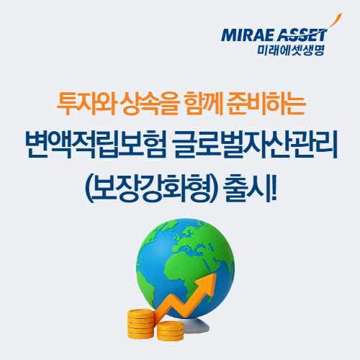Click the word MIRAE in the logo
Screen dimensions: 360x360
pyautogui.click(x=248, y=35)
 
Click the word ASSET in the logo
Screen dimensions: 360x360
pyautogui.click(x=302, y=35)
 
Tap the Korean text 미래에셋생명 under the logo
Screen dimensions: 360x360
pyautogui.click(x=291, y=50)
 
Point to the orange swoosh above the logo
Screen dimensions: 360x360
pyautogui.click(x=334, y=21)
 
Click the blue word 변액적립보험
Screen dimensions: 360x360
pyautogui.click(x=96, y=145)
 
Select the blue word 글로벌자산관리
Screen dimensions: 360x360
pyautogui.click(x=256, y=145)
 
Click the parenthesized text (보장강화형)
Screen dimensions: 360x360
pyautogui.click(x=151, y=188)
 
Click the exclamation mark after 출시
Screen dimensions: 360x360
pyautogui.click(x=274, y=188)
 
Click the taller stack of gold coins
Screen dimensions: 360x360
pyautogui.click(x=140, y=324)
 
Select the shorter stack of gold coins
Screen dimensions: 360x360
pyautogui.click(x=171, y=331)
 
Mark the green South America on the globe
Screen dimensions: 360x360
pyautogui.click(x=145, y=286)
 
